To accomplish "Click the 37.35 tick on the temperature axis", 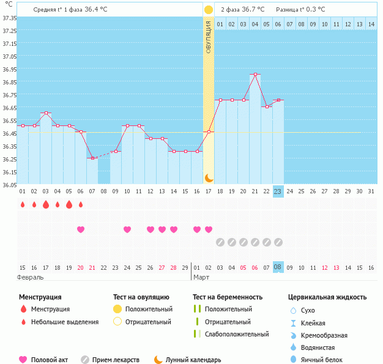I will (x=9, y=18).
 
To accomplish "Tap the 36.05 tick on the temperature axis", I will (x=9, y=185).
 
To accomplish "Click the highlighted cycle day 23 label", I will (x=278, y=191).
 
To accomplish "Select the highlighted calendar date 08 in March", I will (x=278, y=267).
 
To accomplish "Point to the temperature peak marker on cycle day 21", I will (x=255, y=75).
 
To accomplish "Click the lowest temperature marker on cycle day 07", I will (x=92, y=158).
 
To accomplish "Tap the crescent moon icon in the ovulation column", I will (x=209, y=177).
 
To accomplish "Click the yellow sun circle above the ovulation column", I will (x=209, y=10).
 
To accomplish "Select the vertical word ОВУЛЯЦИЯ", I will (x=209, y=37).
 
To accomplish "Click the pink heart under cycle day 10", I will (x=127, y=229).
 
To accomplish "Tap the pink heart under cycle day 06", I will (x=81, y=229).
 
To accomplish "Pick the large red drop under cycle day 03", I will (x=46, y=205).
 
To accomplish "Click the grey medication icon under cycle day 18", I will (x=220, y=242).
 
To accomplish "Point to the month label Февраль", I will (x=31, y=277).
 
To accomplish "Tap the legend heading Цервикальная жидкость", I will (x=327, y=297).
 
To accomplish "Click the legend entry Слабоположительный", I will (x=237, y=334).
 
